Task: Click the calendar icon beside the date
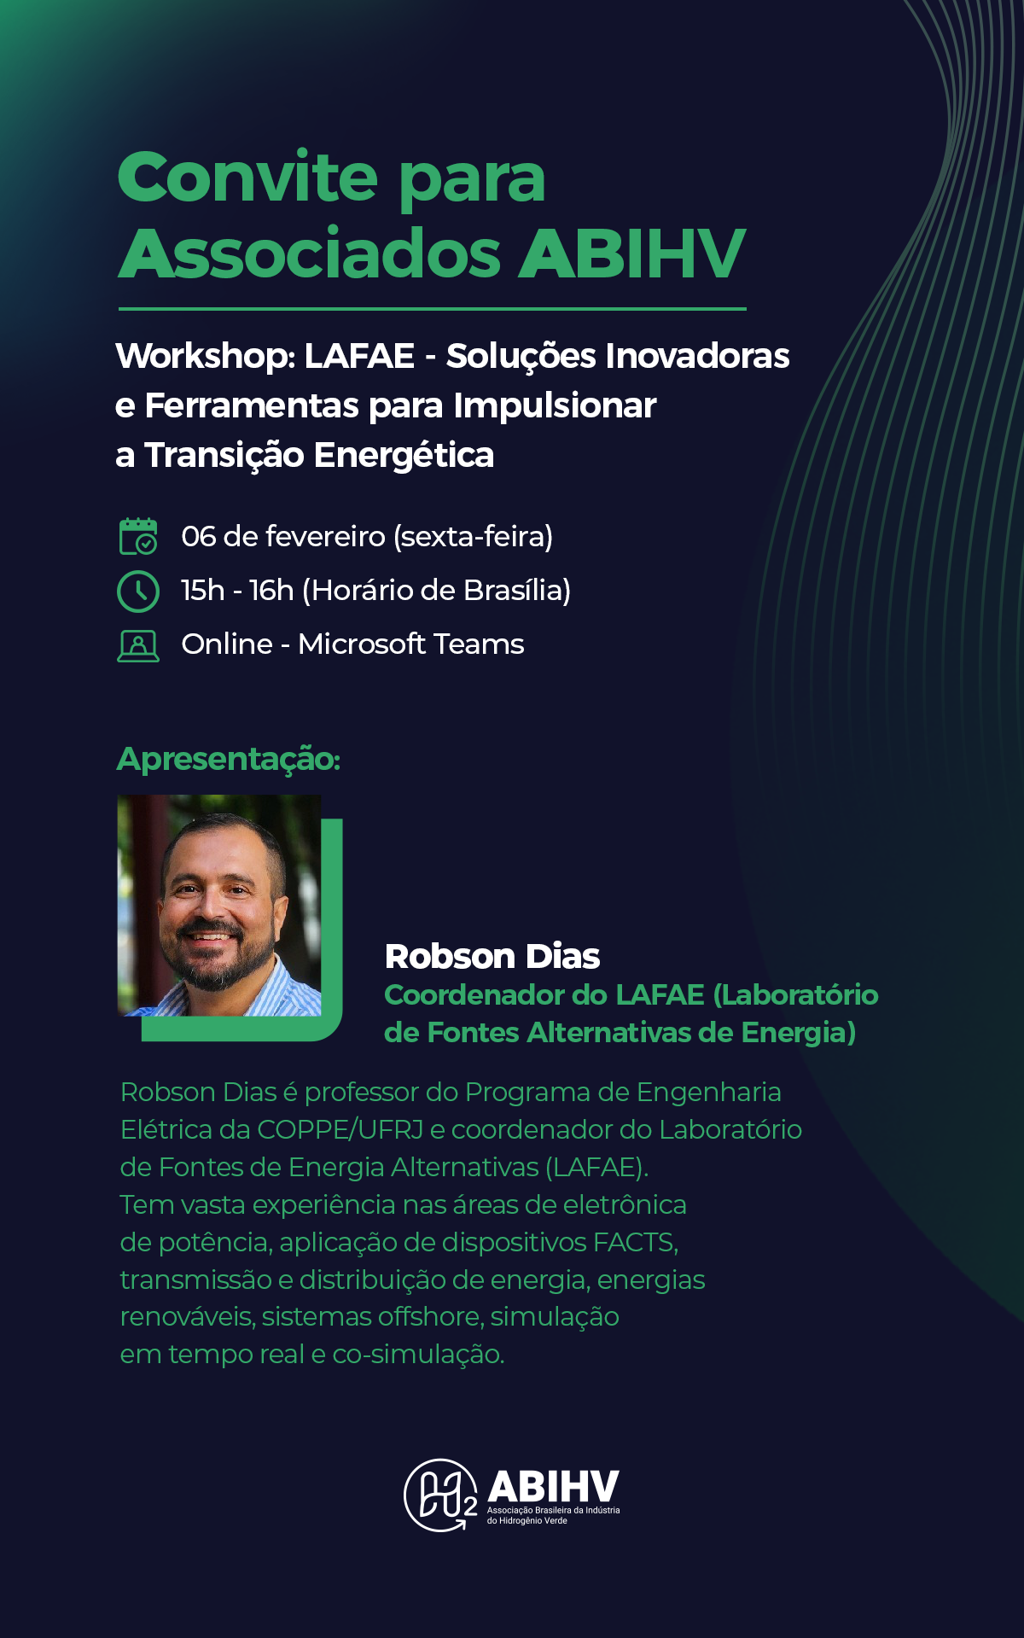[x=138, y=536]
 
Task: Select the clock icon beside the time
[x=138, y=591]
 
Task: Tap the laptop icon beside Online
[x=138, y=646]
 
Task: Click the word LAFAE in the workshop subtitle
[x=359, y=355]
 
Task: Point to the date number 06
[x=199, y=536]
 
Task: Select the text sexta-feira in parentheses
[x=473, y=536]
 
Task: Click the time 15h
[x=202, y=590]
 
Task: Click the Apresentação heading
[x=229, y=759]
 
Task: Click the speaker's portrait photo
[x=219, y=906]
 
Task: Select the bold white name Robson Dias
[x=492, y=957]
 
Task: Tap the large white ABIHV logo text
[x=553, y=1487]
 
